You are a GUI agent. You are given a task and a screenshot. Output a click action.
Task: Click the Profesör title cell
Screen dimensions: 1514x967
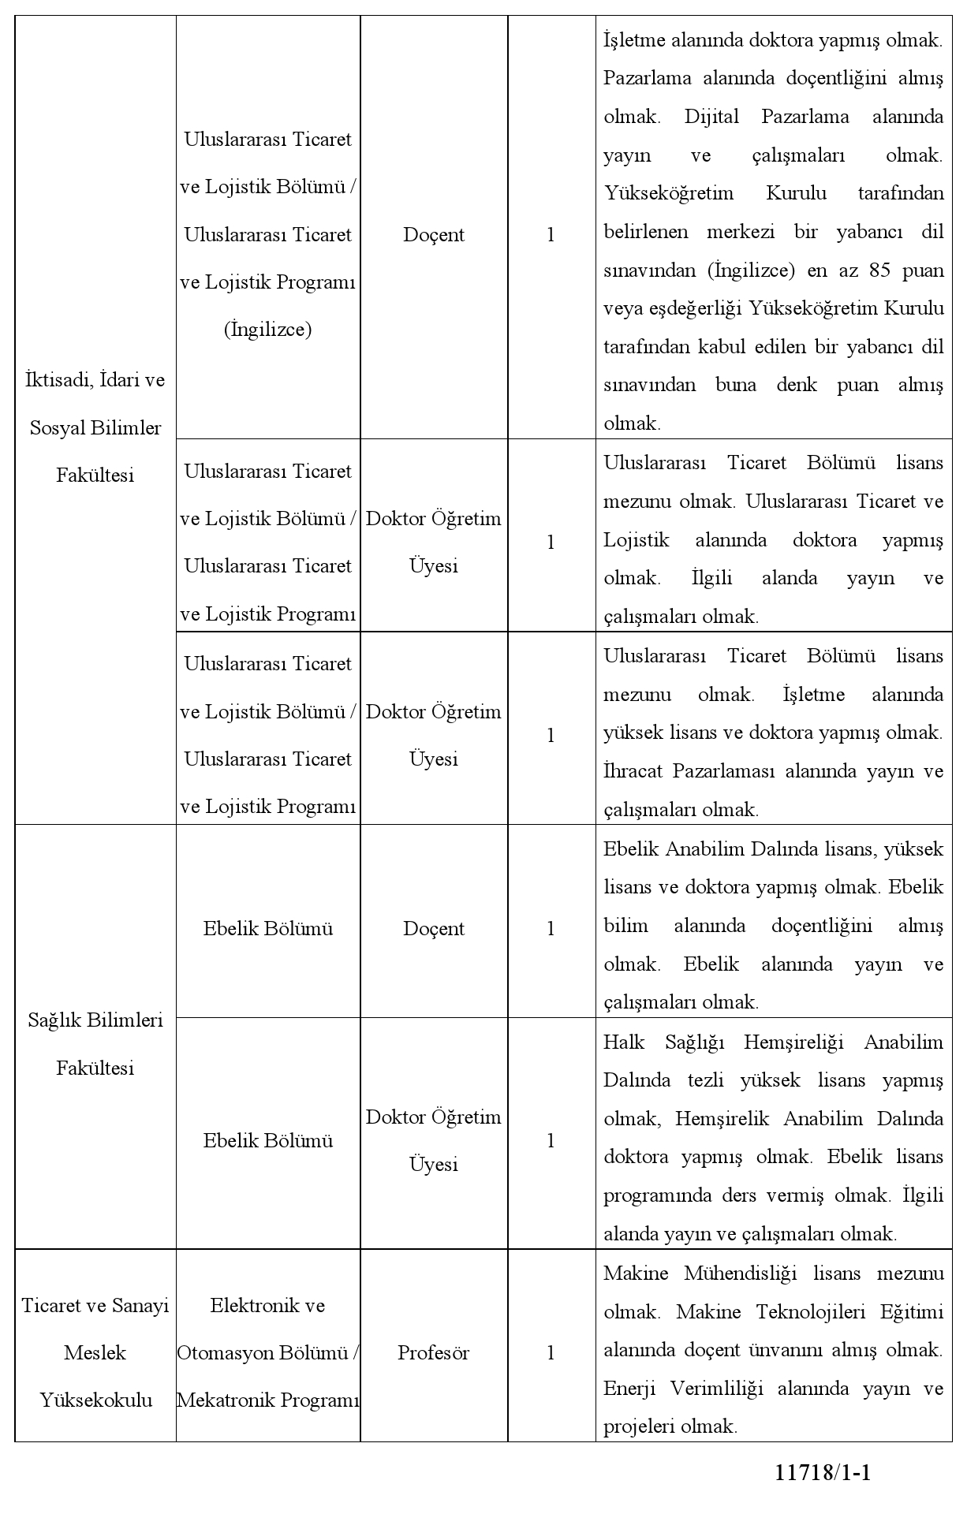point(433,1352)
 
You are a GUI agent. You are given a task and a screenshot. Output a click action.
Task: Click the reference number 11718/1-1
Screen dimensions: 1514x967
point(823,1472)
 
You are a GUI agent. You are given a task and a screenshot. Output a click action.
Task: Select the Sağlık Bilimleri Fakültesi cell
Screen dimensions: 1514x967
point(95,1044)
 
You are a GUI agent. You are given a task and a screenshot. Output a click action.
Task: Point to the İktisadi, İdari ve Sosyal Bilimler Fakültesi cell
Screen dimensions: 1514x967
point(95,427)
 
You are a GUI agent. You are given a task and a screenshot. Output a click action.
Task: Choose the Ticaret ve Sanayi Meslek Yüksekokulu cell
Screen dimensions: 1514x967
point(95,1352)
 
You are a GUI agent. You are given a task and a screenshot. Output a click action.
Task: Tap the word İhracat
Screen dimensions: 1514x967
point(633,770)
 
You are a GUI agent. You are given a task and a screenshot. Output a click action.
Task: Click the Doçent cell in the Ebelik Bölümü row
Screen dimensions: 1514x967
point(433,928)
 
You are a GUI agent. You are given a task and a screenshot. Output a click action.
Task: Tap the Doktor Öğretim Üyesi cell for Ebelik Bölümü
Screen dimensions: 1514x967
point(433,1140)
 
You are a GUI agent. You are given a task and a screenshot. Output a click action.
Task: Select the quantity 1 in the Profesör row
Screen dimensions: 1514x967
point(551,1352)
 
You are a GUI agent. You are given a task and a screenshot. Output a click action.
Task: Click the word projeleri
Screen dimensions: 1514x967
point(637,1426)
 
